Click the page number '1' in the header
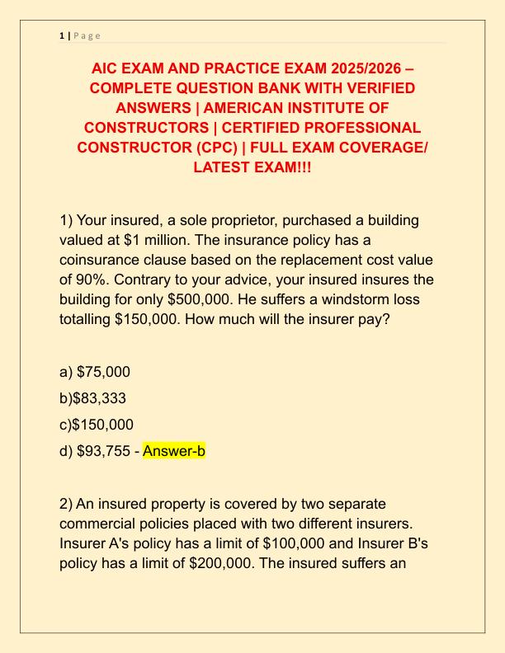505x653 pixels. [x=62, y=35]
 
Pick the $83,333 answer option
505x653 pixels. [x=99, y=398]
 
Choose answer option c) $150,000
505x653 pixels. [x=103, y=425]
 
